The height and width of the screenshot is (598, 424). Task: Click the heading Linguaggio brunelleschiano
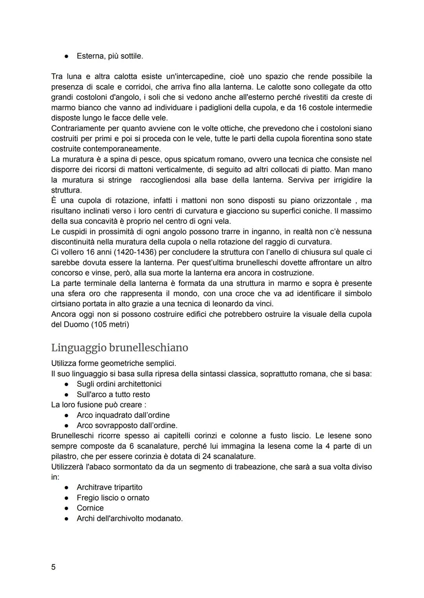(x=119, y=348)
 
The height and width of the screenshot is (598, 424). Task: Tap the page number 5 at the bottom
(x=53, y=567)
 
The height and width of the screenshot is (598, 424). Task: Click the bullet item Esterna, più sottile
(x=110, y=56)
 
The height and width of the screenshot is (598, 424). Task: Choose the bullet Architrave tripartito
(x=110, y=487)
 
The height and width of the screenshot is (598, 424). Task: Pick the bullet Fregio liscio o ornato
(x=113, y=498)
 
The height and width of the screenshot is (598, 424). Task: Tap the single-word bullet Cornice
(x=90, y=508)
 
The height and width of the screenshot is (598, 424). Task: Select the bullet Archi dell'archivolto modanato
(x=130, y=518)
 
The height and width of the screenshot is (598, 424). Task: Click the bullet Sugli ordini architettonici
(x=119, y=384)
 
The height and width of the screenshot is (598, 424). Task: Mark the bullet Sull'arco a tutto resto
(x=113, y=394)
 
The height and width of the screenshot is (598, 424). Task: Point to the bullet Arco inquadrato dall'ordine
(x=123, y=415)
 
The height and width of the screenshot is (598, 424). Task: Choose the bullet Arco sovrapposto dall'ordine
(x=127, y=425)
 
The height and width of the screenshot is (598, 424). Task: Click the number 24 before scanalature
(x=217, y=456)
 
